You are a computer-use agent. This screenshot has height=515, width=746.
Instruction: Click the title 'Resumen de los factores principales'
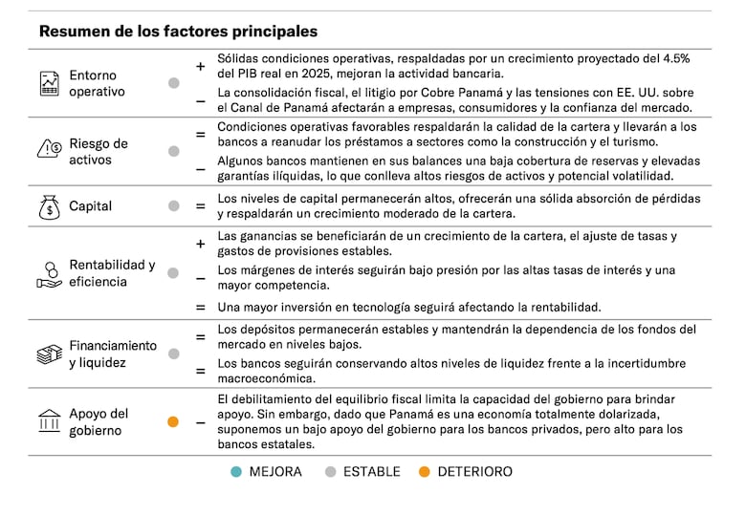point(178,32)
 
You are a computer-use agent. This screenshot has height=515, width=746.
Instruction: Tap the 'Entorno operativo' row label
point(97,83)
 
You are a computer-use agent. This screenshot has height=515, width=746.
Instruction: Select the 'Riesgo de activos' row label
point(99,151)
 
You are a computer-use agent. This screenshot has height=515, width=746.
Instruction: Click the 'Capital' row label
point(90,205)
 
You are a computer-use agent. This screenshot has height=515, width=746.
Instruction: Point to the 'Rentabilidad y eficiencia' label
point(111,273)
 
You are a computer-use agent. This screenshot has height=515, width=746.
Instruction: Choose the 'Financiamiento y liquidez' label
point(112,354)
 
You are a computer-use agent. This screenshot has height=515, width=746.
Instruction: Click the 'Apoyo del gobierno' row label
point(98,422)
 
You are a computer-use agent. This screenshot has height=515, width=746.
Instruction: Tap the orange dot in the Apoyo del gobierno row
point(173,421)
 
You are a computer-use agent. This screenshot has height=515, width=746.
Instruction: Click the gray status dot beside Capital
point(173,205)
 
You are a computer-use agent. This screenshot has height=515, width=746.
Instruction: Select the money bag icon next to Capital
point(49,205)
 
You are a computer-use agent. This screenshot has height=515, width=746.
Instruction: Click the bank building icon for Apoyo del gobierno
point(49,421)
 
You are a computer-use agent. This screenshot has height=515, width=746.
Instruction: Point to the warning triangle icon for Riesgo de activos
point(49,149)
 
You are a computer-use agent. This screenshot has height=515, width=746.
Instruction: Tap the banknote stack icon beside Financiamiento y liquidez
point(49,354)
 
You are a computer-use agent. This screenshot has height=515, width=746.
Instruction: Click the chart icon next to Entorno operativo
point(49,83)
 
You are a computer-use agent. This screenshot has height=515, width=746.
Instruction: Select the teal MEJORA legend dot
point(236,472)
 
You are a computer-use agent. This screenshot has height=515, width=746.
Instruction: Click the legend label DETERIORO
point(474,472)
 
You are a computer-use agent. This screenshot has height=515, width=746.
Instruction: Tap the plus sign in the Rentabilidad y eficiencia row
point(201,244)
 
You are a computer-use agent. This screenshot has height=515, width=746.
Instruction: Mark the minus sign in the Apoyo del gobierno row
point(201,421)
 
